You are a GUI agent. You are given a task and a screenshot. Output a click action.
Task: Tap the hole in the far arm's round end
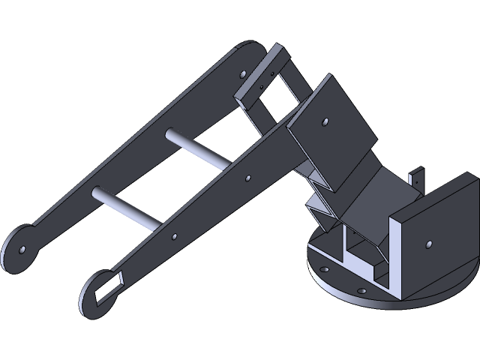click(x=23, y=249)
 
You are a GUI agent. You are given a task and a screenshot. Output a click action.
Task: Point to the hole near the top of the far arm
click(x=242, y=73)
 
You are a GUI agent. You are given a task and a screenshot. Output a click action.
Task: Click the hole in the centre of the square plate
click(x=325, y=121)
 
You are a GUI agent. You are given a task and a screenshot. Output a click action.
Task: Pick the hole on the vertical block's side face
click(x=427, y=243)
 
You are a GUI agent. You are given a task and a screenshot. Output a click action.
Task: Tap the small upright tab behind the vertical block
click(x=415, y=178)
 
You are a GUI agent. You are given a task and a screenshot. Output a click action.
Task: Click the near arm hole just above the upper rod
click(x=248, y=178)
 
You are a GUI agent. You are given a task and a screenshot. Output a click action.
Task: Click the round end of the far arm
click(x=19, y=251)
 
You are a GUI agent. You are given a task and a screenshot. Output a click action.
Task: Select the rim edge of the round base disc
click(x=397, y=304)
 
